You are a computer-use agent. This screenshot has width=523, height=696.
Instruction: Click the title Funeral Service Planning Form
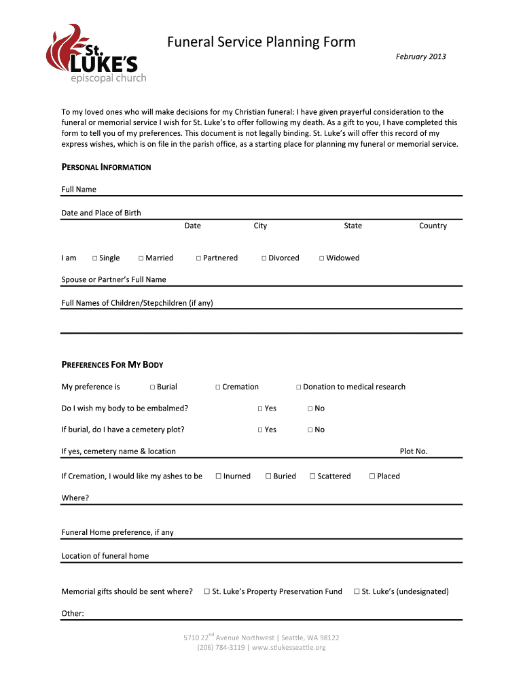pos(261,42)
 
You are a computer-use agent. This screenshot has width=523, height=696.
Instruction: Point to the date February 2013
pos(420,56)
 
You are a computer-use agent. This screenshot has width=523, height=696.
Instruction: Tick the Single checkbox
pos(95,258)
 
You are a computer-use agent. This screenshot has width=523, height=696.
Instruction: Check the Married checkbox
pos(141,258)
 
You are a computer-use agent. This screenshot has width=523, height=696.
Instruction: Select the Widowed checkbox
pos(322,258)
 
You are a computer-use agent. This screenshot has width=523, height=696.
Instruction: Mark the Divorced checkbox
pos(264,258)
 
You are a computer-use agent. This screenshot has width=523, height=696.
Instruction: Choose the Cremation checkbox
pos(218,387)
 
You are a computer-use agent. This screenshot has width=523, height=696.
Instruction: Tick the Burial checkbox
pos(152,387)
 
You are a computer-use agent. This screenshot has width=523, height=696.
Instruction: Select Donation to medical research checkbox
pos(298,387)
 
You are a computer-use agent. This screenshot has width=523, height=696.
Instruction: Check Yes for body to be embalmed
pos(260,408)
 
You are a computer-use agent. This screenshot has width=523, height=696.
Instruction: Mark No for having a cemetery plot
pos(310,430)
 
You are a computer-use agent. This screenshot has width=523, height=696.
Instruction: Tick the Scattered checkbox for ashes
pos(312,476)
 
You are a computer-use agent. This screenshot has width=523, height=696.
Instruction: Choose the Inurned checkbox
pos(219,476)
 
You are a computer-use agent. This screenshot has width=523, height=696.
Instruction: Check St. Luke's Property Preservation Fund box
pos(207,592)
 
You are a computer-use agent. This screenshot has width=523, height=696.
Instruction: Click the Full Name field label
pos(79,189)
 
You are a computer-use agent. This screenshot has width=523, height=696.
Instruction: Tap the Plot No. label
pos(414,451)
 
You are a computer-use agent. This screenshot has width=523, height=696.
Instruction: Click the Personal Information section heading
pos(106,167)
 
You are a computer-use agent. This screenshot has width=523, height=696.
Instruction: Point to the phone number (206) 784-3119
pos(221,648)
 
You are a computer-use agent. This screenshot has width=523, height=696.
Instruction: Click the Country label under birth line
pos(433,226)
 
